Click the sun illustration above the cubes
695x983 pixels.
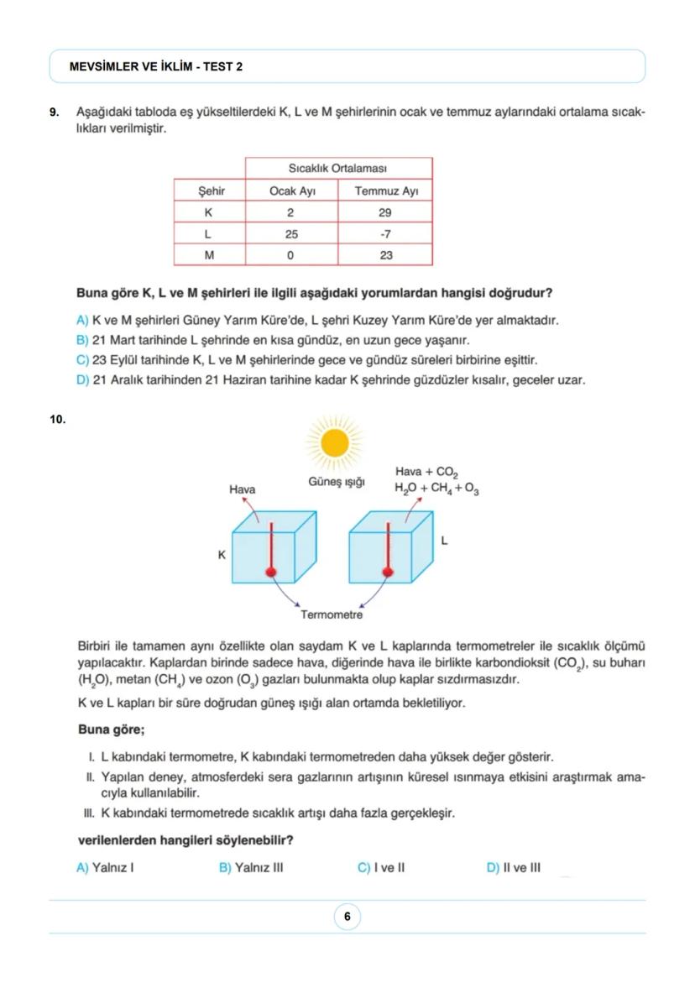[x=335, y=441]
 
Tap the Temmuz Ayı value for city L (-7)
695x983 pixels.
[x=385, y=233]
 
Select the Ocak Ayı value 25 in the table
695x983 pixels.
[x=290, y=233]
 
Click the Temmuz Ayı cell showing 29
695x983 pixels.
[x=385, y=212]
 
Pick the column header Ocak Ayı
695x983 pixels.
[x=291, y=191]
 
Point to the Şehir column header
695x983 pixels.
[x=210, y=191]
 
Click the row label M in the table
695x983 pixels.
[x=209, y=254]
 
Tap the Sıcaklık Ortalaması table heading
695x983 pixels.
[x=337, y=169]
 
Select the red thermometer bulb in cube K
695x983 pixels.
[x=271, y=572]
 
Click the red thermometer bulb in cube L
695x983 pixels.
[x=388, y=572]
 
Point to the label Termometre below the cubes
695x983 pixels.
[x=332, y=615]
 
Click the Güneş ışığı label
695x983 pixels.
[x=336, y=482]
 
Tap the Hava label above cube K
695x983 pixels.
[x=243, y=489]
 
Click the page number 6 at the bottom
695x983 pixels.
[x=347, y=917]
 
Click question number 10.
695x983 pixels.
[x=57, y=419]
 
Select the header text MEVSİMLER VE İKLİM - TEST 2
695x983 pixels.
[x=157, y=66]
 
